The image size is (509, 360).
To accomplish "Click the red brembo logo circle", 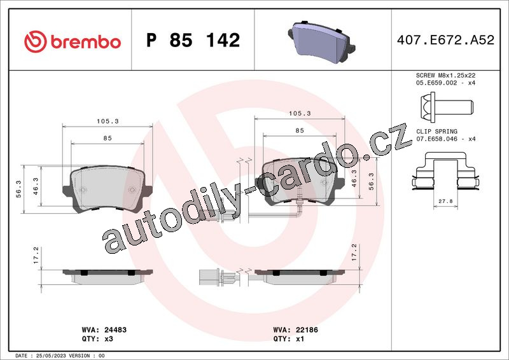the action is click(x=35, y=41).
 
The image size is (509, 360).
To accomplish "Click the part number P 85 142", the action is click(x=193, y=40).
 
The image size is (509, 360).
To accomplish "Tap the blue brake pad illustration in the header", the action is click(x=322, y=41).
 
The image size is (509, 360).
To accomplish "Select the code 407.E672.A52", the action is click(x=445, y=40).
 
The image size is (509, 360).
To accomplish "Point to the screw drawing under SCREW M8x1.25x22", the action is click(x=447, y=107).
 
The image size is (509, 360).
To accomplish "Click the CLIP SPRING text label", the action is click(x=436, y=132).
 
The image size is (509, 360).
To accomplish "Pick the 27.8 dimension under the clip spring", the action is click(x=445, y=201).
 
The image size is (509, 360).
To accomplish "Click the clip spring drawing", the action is click(x=446, y=171).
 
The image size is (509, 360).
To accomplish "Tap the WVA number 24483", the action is click(x=115, y=330).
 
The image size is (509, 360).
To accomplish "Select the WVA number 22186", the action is click(x=307, y=330).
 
